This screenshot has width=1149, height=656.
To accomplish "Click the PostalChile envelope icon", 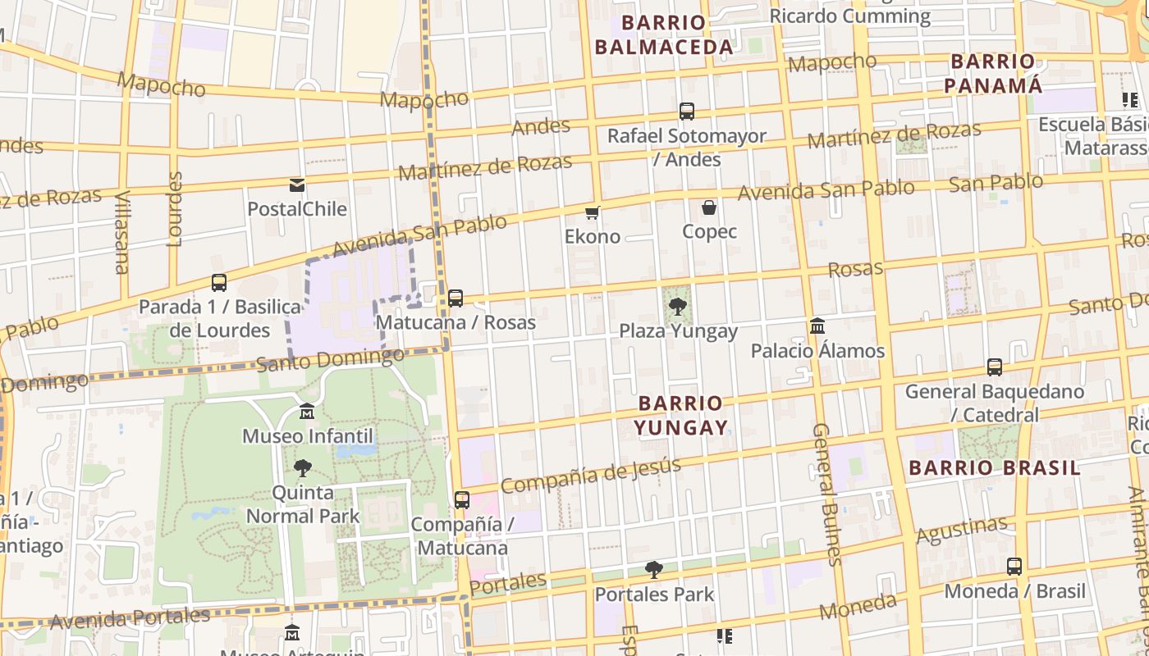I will (x=296, y=185).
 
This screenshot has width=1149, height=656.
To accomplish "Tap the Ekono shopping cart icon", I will (x=592, y=212).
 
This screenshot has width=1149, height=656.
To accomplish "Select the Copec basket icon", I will (x=709, y=207).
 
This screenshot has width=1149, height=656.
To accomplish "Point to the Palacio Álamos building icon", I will (x=817, y=326).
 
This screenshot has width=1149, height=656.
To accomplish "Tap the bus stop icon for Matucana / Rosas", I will (x=455, y=298).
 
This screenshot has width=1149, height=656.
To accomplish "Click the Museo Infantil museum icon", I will (x=307, y=411).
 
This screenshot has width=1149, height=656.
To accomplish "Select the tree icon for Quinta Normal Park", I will (x=303, y=468).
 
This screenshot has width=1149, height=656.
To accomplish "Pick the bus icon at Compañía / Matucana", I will (x=462, y=499).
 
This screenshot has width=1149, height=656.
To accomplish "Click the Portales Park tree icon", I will (x=654, y=569).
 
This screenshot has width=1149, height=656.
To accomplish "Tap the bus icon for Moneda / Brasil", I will (x=1014, y=566).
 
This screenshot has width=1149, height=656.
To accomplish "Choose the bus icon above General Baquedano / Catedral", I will (x=995, y=367).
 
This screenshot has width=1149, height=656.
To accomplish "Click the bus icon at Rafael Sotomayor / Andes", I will (x=687, y=111).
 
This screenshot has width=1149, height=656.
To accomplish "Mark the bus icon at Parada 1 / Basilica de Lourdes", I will (x=219, y=283).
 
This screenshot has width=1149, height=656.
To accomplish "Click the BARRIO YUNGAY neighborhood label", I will (x=680, y=415).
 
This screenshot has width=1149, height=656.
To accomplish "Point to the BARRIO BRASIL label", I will (x=995, y=468).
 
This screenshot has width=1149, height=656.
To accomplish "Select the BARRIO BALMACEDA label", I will (x=663, y=35).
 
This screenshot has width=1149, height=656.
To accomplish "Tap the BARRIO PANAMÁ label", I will (x=993, y=74).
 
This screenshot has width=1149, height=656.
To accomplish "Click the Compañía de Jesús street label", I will (x=591, y=476).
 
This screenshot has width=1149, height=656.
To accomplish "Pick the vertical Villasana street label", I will (x=122, y=233).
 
